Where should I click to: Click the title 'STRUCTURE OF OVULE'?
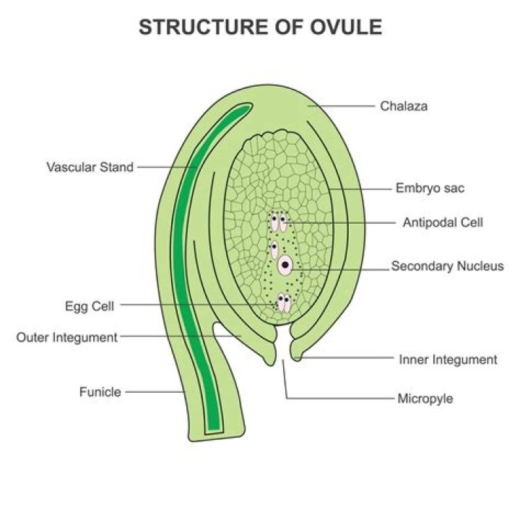click(x=260, y=27)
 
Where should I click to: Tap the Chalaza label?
click(x=404, y=106)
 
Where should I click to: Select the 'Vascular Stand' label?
click(x=90, y=167)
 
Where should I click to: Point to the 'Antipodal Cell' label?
click(x=442, y=222)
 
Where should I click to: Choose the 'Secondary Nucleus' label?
click(x=447, y=266)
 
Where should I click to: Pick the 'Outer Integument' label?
click(x=66, y=337)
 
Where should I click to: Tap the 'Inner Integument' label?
click(x=448, y=359)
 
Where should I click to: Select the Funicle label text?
click(x=100, y=392)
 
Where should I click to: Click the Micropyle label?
click(x=425, y=398)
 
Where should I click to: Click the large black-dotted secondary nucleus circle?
click(x=286, y=266)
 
